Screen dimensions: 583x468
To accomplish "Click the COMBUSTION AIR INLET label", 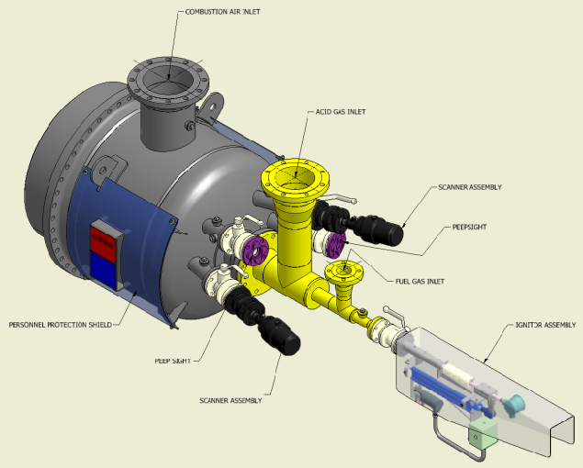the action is pos(222,12).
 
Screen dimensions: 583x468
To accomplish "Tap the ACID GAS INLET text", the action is pos(341,112).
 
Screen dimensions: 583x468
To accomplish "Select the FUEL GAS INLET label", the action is pos(420,282).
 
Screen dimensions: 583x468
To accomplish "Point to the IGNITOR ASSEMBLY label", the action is pos(545,325).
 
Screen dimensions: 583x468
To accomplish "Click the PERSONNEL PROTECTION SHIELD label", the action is pos(61,325).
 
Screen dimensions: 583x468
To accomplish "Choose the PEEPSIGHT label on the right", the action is pos(469,228).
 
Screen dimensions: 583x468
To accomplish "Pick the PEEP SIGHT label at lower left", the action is pos(173,361).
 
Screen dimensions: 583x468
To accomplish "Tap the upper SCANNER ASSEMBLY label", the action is pos(470,187).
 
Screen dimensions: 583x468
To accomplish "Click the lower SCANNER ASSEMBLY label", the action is pos(230,401).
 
